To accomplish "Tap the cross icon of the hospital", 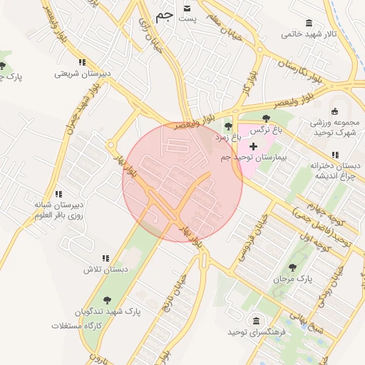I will [x=253, y=146].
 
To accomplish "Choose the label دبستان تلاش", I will [x=106, y=269].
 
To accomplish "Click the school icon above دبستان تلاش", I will [x=106, y=258].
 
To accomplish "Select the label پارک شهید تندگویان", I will [x=107, y=312].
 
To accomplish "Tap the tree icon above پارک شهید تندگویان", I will [x=107, y=300].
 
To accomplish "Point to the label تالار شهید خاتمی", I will [x=307, y=34].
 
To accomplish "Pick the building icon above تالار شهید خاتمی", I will [x=308, y=23].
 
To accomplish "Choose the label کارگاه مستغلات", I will [x=78, y=326].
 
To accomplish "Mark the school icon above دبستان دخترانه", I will [x=334, y=155].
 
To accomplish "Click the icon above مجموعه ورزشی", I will [x=335, y=111].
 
